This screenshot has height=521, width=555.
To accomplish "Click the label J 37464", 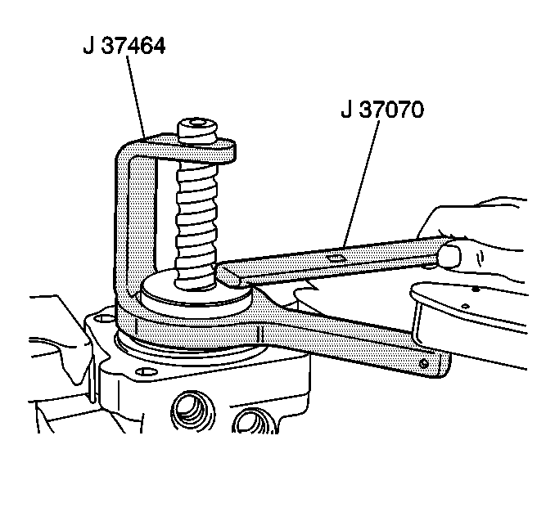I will click(x=124, y=47).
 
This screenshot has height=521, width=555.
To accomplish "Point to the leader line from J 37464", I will click(x=136, y=98).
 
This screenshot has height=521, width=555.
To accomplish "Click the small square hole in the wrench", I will click(x=334, y=258).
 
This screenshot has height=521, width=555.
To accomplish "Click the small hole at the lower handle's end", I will click(x=423, y=362).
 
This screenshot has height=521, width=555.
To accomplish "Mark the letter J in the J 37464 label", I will click(x=88, y=47).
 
